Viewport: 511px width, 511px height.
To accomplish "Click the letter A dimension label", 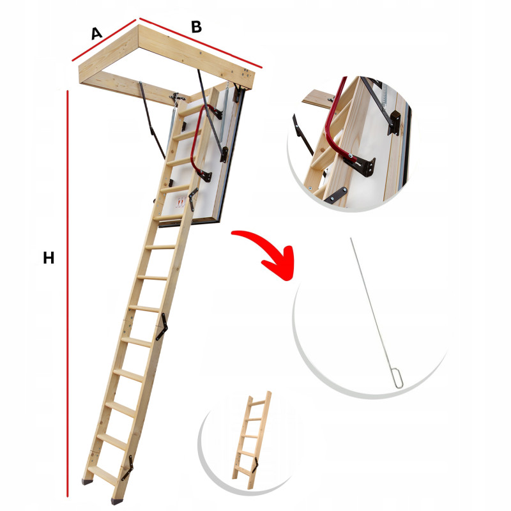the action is [x=96, y=34].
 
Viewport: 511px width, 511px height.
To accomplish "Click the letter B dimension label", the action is [x=197, y=27].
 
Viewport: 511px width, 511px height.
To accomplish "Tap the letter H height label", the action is [x=49, y=258].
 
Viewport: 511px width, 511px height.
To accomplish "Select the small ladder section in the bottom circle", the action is [x=252, y=440].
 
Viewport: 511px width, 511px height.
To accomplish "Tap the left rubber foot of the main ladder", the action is [x=87, y=482].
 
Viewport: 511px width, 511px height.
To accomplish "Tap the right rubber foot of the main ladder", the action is [x=117, y=501].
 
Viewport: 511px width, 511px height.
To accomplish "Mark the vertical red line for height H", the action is [x=68, y=294].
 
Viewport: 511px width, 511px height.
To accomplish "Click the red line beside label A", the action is [x=103, y=40].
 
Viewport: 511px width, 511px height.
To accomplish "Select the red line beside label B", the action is [x=201, y=43].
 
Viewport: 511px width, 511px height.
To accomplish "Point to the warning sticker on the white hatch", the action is [x=181, y=202].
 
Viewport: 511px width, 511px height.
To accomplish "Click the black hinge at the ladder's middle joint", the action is [x=162, y=326].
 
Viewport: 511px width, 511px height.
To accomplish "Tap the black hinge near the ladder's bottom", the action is [x=127, y=468].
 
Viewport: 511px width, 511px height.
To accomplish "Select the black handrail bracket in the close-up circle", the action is [x=360, y=165].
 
